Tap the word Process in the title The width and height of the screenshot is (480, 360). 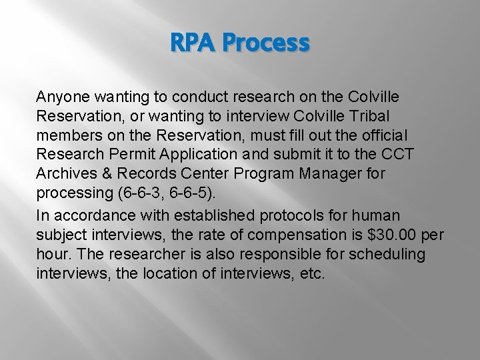point(267,44)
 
